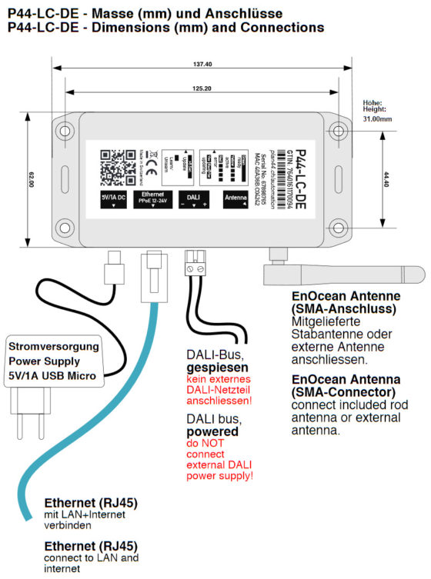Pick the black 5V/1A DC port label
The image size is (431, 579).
coord(117,198)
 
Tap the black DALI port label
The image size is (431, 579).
coord(192,198)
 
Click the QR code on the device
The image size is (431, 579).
coord(117,164)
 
